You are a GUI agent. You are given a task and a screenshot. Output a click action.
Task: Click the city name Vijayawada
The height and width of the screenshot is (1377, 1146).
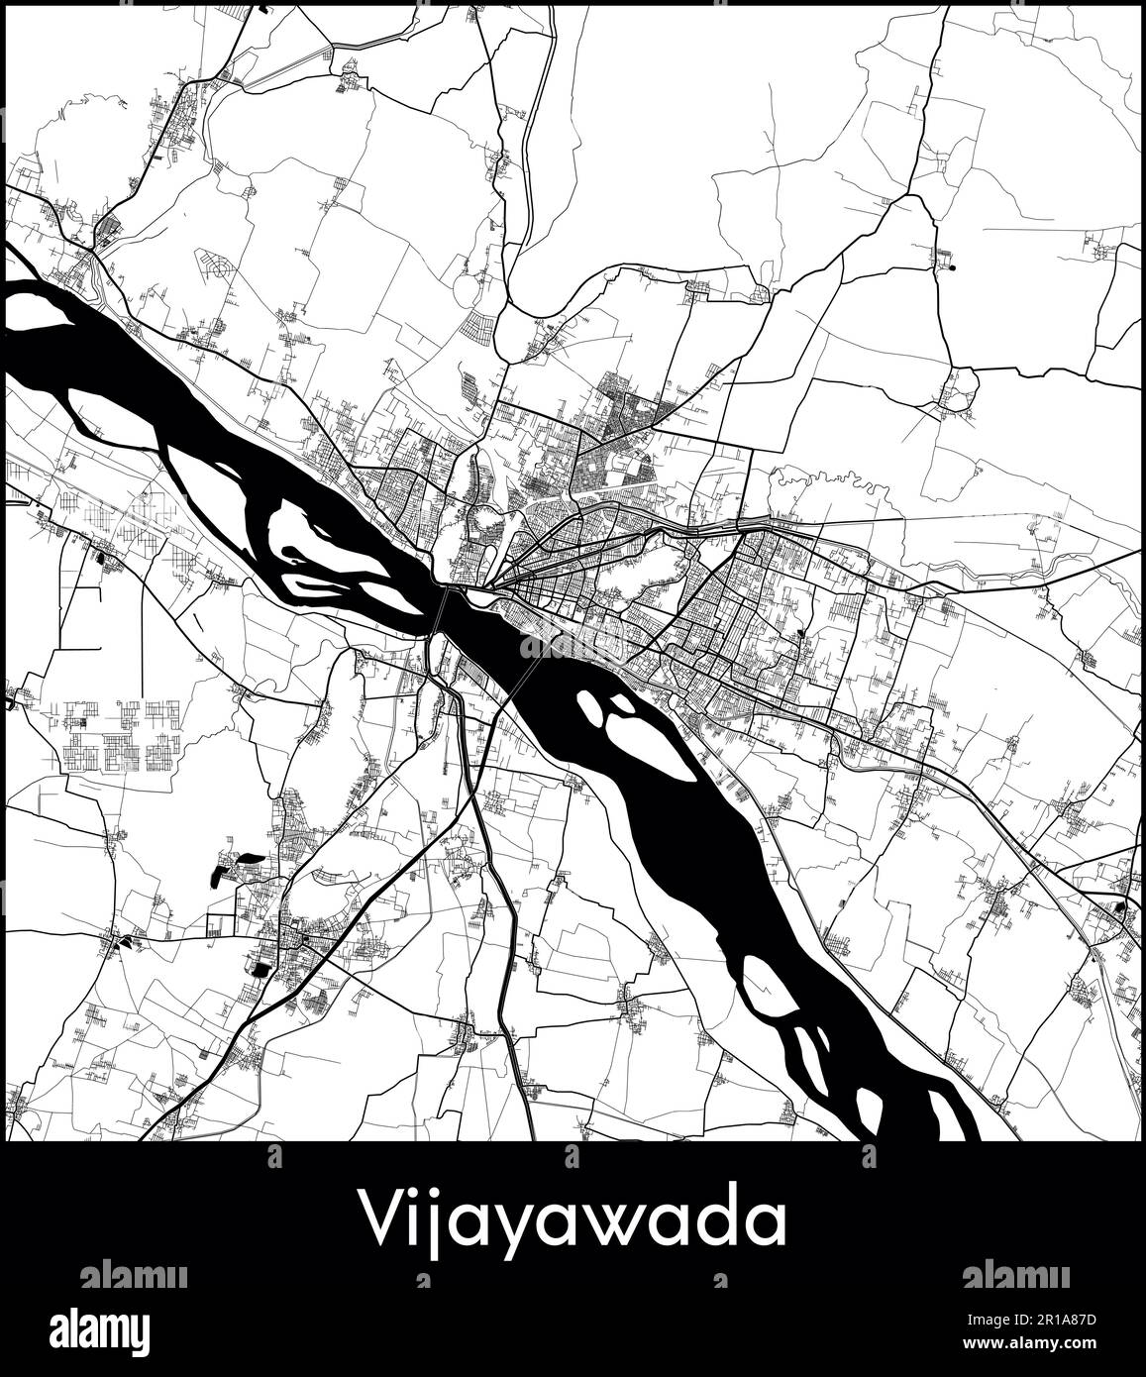pyautogui.click(x=573, y=1222)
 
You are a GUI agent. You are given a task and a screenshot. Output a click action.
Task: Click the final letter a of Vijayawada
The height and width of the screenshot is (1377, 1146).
pyautogui.click(x=766, y=1226)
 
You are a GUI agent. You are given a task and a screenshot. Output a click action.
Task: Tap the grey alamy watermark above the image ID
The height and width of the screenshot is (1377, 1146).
pyautogui.click(x=1015, y=1274)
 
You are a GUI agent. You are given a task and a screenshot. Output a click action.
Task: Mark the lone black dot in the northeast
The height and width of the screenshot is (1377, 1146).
pyautogui.click(x=953, y=265)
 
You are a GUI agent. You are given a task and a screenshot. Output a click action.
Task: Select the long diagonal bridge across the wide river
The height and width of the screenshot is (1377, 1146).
pyautogui.click(x=522, y=684)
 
